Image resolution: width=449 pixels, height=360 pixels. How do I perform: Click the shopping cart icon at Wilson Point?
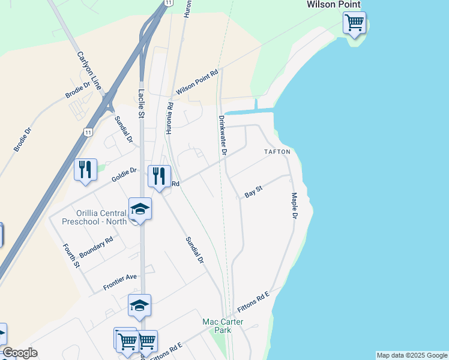355,23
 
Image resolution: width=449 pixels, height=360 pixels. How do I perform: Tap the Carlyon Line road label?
91,71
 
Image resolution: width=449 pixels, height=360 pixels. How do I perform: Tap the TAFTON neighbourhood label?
277,152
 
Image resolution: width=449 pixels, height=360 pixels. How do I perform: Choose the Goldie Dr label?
124,175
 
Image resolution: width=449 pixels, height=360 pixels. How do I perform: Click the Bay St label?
254,192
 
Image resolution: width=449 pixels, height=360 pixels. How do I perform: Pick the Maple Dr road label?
294,205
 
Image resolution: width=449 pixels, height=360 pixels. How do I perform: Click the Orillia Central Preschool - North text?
94,217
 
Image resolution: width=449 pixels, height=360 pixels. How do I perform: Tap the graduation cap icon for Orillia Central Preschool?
140,209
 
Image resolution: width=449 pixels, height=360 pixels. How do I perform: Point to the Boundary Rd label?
96,247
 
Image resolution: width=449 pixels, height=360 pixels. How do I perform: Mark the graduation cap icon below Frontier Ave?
140,305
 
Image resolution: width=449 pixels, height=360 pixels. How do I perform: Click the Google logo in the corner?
20,353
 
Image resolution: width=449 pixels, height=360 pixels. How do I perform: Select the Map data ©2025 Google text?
412,355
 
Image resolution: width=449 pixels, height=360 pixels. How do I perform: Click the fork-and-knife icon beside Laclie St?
159,176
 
